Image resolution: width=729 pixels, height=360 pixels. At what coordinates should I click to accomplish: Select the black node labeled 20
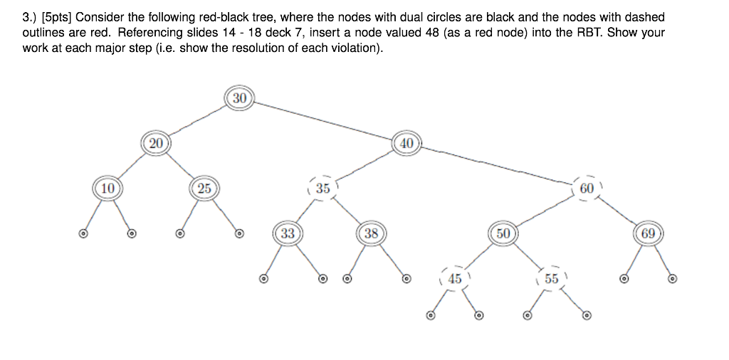[156, 143]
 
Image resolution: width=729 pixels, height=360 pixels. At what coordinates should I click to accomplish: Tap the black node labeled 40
[407, 143]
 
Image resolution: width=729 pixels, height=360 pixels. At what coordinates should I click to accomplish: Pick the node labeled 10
[107, 189]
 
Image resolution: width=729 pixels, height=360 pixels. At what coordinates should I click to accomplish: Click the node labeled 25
[204, 189]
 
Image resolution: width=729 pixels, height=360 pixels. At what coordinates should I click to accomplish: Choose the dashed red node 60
[587, 189]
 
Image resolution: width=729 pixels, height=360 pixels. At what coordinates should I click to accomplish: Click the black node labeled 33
[288, 233]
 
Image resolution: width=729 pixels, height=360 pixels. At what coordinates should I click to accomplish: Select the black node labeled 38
[371, 233]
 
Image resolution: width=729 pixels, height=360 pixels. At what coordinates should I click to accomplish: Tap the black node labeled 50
[503, 233]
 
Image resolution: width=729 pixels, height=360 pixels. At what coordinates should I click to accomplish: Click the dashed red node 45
[455, 279]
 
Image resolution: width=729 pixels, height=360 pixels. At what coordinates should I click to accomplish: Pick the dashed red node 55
[552, 279]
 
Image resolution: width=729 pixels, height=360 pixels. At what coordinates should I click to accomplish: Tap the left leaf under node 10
[83, 233]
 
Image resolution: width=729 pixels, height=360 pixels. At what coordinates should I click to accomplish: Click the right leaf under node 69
[672, 279]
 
